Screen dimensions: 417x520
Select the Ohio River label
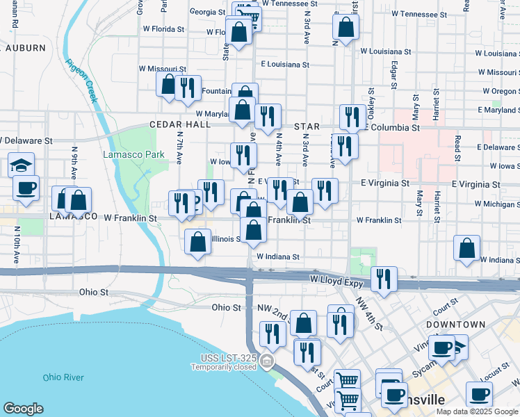(63, 377)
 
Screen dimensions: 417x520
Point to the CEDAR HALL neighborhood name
(179, 124)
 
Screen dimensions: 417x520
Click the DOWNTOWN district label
(455, 325)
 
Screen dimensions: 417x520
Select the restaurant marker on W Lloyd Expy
(384, 279)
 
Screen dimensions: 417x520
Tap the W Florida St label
(161, 30)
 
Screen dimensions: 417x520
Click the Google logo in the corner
(23, 409)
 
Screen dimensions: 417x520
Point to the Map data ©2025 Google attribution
(476, 411)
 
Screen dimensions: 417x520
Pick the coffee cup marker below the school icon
(26, 188)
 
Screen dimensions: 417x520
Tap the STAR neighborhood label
(307, 126)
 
